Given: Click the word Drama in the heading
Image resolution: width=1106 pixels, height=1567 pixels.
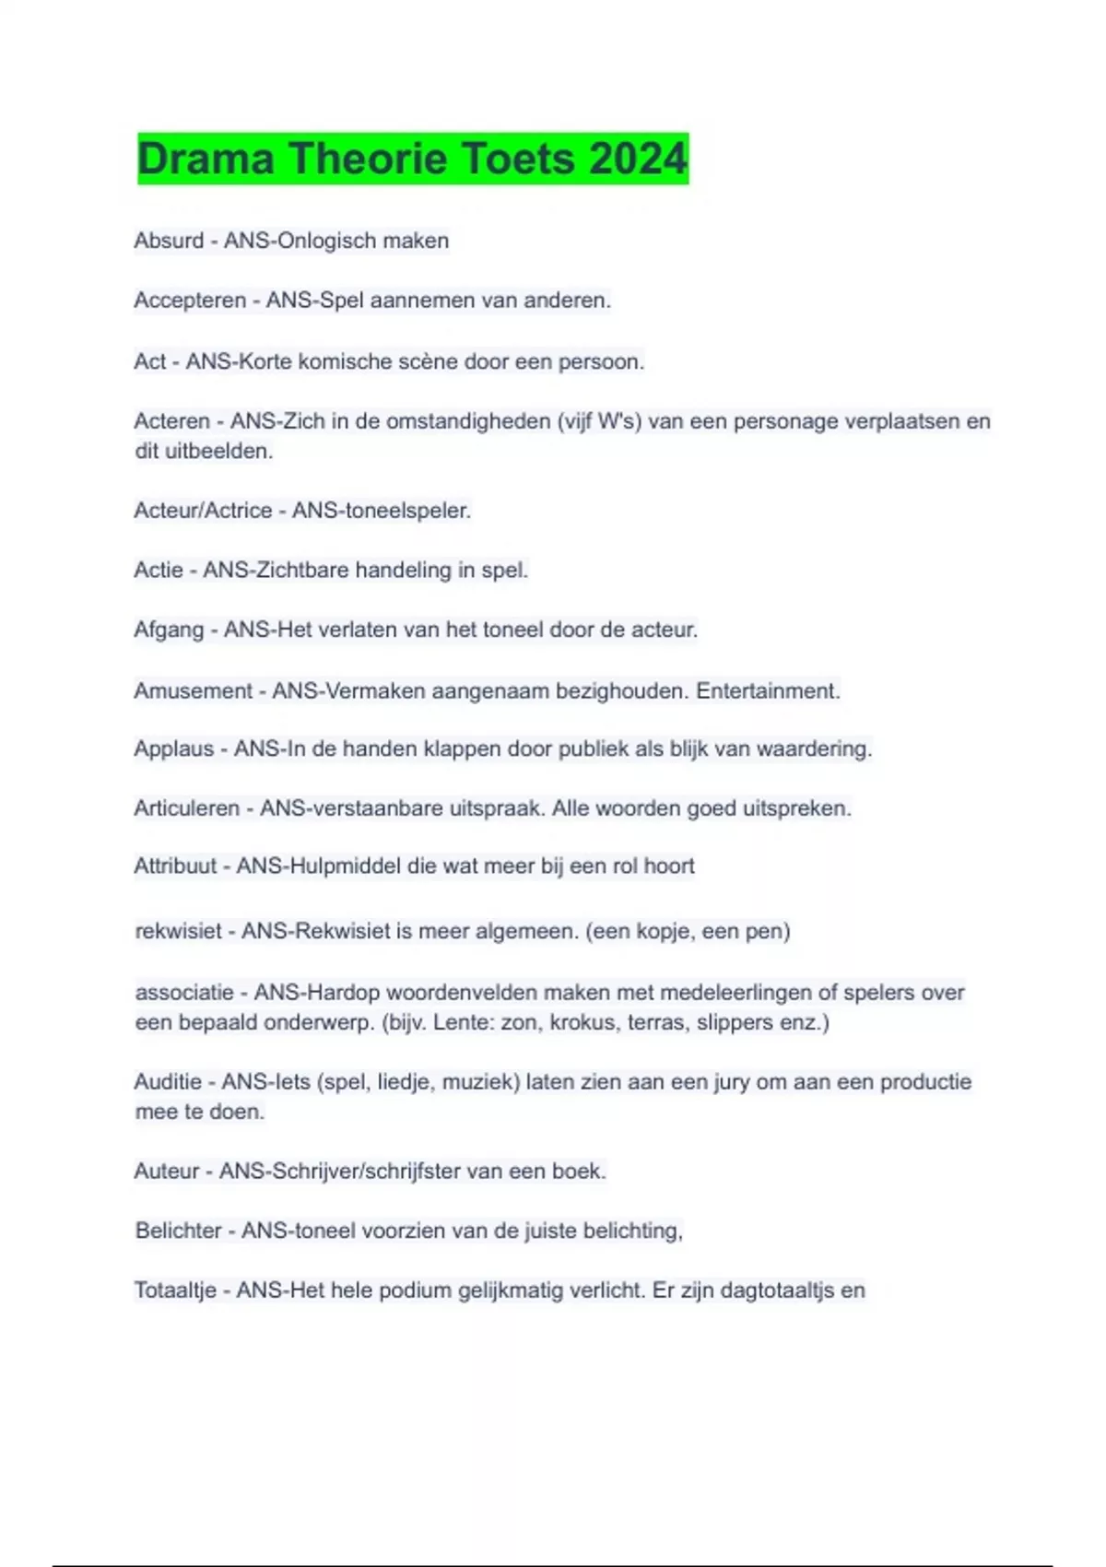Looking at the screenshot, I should (206, 159).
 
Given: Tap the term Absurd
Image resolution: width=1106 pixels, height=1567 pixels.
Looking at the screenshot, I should (169, 241).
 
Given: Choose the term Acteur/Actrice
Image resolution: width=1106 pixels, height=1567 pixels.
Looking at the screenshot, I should (203, 511).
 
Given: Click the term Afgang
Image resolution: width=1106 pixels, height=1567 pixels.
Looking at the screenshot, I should (169, 630).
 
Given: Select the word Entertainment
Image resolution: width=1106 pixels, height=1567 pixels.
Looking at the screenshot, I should (768, 690).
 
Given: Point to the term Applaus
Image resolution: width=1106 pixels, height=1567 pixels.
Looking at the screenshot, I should (173, 748).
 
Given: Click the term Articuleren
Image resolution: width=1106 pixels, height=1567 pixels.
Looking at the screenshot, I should (186, 808).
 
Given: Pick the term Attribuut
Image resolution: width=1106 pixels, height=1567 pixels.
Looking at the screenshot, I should (175, 866).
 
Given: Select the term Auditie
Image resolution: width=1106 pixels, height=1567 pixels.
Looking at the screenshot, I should (168, 1081).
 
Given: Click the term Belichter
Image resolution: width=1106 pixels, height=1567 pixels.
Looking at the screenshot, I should (178, 1231).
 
